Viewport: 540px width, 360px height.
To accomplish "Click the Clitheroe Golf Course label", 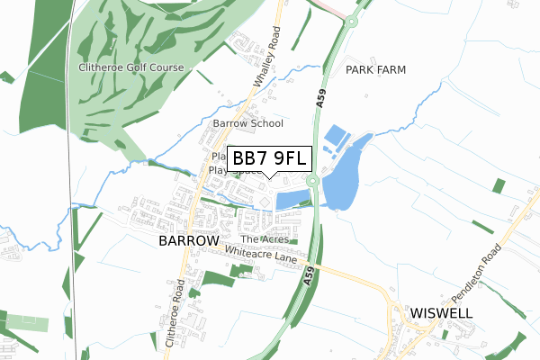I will (130, 67).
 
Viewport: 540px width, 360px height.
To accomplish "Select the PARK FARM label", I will (376, 69).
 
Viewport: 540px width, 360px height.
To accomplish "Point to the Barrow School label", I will (247, 123).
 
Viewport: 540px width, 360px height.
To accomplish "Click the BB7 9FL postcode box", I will (271, 159).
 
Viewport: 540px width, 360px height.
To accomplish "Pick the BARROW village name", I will (189, 241).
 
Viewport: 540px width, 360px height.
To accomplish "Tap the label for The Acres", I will (263, 239).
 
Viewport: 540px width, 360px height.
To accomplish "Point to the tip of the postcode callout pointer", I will (271, 177).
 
